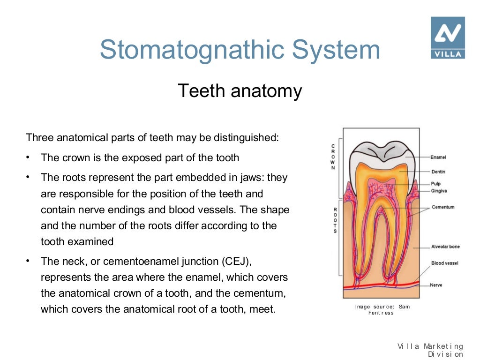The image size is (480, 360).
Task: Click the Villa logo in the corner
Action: tap(448, 37)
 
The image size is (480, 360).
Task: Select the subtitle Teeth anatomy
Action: tap(240, 90)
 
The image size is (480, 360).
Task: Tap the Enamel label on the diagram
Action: tap(438, 157)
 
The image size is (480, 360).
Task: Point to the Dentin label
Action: tap(438, 172)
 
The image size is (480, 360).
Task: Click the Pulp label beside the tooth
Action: tap(436, 184)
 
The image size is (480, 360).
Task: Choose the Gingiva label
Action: tap(439, 191)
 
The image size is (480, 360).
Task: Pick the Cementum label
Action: tap(442, 207)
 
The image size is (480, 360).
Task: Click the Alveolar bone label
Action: tap(445, 247)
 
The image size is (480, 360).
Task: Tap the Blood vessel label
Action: tap(444, 263)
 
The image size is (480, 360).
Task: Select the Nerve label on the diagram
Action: tap(436, 285)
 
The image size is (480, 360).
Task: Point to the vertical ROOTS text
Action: tap(335, 221)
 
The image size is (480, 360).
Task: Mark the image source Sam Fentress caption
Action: tap(382, 310)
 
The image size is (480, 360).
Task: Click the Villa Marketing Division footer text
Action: tap(430, 350)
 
